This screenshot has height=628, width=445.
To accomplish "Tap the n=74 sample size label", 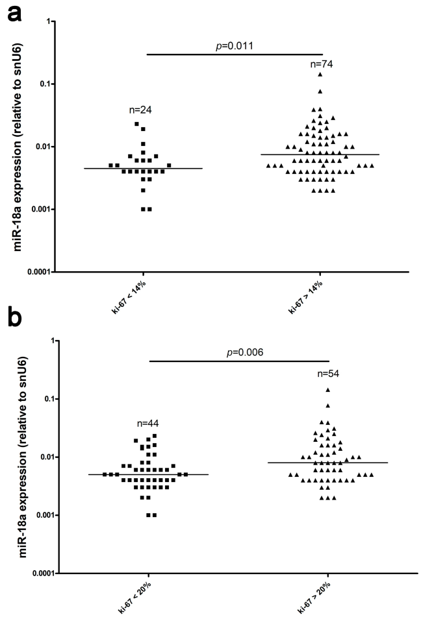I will tap(321, 64).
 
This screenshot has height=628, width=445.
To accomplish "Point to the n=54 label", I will tap(329, 374).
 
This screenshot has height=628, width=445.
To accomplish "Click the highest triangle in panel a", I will tap(320, 74).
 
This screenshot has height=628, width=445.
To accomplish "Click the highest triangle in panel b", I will tap(328, 390).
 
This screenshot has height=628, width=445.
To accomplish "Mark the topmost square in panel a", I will tap(137, 123).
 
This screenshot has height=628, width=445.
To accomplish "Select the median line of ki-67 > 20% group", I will tap(328, 463).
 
